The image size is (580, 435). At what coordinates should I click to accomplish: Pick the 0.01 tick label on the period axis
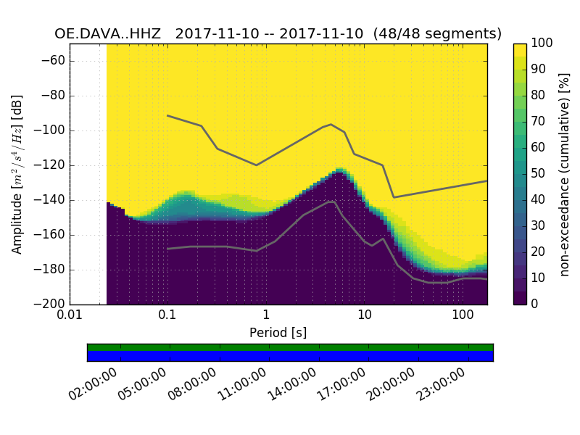pos(70,316)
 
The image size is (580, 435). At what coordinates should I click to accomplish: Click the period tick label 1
pos(266,316)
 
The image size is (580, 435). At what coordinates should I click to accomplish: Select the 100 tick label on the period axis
pos(463,316)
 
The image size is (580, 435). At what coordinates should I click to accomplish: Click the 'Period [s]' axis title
pos(278,332)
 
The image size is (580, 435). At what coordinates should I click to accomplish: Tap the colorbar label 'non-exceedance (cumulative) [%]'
pos(565,174)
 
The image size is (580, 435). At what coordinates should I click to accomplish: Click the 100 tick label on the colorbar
pos(542,43)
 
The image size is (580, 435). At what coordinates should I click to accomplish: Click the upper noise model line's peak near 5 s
pos(331,124)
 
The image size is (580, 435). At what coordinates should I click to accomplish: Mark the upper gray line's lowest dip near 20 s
pos(394,197)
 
